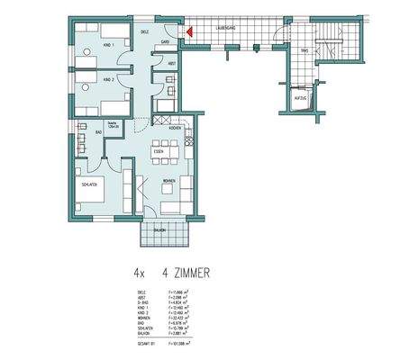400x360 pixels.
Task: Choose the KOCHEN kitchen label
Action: pyautogui.click(x=174, y=128)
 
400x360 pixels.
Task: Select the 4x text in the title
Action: pyautogui.click(x=138, y=269)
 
